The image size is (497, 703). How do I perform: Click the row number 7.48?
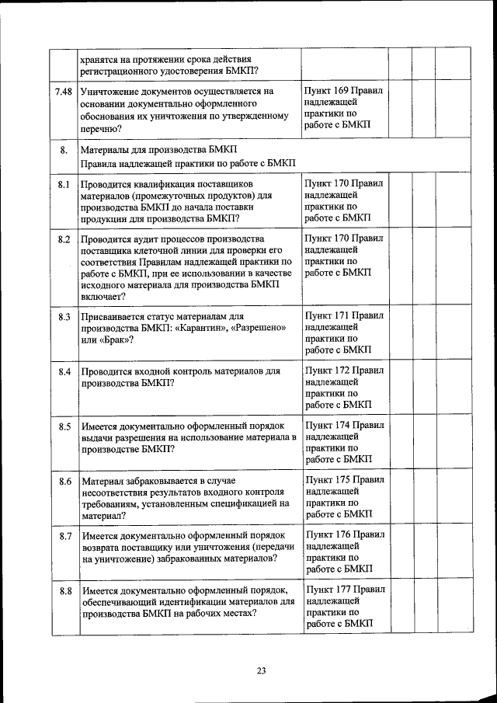pos(64,92)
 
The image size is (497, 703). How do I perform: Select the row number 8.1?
pos(64,184)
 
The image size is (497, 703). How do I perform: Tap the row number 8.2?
pos(64,238)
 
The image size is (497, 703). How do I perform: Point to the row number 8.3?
pos(64,317)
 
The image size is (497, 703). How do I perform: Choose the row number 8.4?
pos(64,371)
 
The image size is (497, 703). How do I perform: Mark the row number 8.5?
pos(64,426)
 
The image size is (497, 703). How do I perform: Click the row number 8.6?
pos(64,482)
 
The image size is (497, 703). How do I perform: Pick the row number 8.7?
pos(64,536)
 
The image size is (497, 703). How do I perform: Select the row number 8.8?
pos(64,591)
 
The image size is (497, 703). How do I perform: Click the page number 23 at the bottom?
pos(262,671)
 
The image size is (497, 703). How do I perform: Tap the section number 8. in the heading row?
pos(64,150)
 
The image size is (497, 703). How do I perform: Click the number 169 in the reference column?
pos(341,91)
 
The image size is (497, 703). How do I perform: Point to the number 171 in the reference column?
pos(341,316)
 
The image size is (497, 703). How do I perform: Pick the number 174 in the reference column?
pos(341,426)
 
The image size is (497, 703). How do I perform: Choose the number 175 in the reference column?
pos(341,481)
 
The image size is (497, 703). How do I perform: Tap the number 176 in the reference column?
pos(341,535)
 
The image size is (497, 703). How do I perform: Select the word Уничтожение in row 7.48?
pos(113,92)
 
